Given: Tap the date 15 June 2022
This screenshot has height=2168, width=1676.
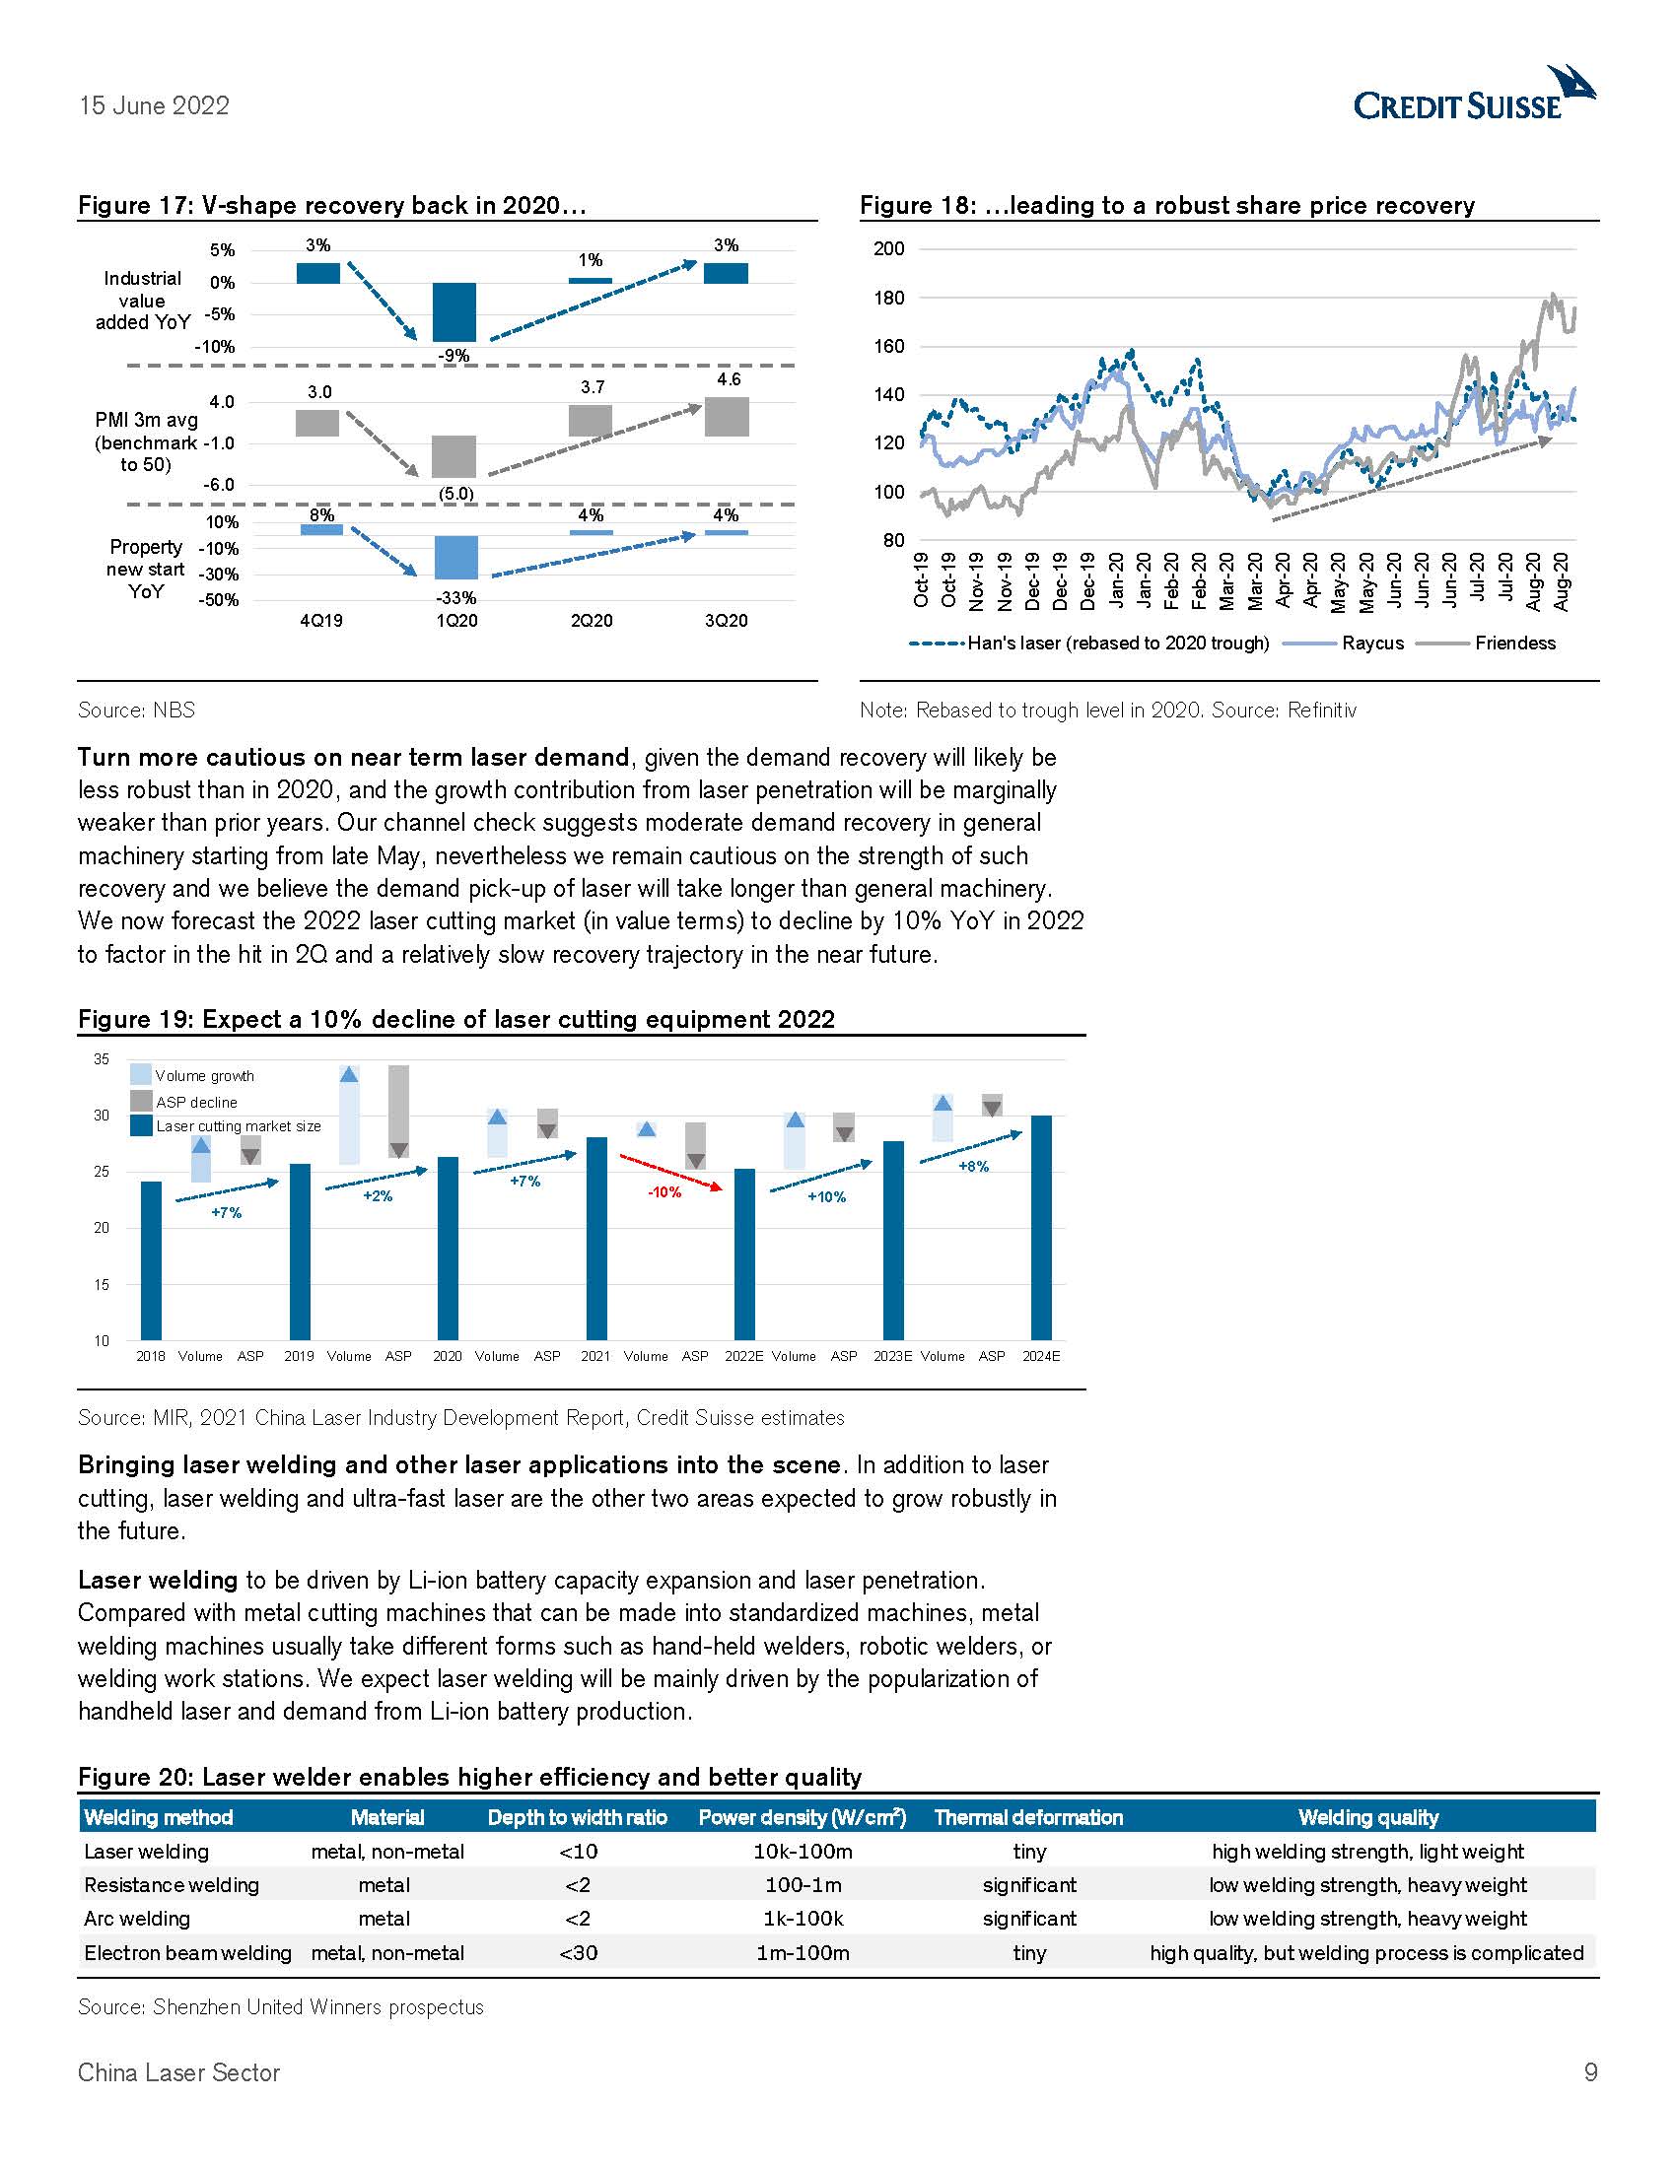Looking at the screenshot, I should pos(154,106).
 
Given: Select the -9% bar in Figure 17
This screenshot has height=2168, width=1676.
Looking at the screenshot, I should pos(454,311).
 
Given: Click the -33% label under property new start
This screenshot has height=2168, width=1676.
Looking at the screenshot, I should pos(455,597).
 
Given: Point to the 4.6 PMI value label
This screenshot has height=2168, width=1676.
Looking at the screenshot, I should pos(728,379).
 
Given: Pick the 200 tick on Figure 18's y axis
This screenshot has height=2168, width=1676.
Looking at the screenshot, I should pos(888,249).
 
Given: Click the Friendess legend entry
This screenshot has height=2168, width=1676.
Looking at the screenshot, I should pos(1514,644).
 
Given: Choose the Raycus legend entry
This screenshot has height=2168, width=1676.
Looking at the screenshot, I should pos(1372,644).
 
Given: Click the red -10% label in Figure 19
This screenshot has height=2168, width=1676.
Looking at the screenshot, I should pos(664,1192).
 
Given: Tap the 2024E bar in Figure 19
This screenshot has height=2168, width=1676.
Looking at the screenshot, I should pos(1040,1227).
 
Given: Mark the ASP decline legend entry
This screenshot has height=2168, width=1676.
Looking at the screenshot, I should pos(195,1102).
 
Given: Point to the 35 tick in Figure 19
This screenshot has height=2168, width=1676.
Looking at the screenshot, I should pos(102,1059).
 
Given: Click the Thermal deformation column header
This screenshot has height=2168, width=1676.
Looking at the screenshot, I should pos(1027,1817).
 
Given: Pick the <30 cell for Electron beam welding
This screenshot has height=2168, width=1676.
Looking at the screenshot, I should pos(578,1952).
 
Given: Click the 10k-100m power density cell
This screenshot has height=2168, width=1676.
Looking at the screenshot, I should pos(803,1852).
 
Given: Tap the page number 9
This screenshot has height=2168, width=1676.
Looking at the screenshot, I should pos(1590,2072).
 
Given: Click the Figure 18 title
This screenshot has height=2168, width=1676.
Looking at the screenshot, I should pos(1166,206).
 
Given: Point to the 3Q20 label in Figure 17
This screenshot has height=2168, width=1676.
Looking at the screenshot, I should pos(726,621).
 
